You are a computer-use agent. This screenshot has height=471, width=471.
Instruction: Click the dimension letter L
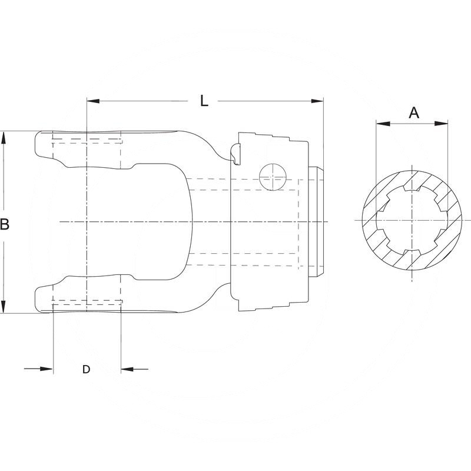pyautogui.click(x=204, y=101)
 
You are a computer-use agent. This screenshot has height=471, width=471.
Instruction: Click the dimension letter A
pyautogui.click(x=414, y=113)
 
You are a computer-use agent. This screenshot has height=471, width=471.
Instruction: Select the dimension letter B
pyautogui.click(x=5, y=224)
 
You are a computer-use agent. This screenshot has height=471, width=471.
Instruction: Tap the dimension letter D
pyautogui.click(x=86, y=369)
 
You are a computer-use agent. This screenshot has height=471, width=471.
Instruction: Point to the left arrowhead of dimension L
pyautogui.click(x=93, y=101)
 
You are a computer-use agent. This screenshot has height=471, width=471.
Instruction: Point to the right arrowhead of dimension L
pyautogui.click(x=317, y=101)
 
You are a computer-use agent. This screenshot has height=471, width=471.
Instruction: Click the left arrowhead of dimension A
pyautogui.click(x=383, y=124)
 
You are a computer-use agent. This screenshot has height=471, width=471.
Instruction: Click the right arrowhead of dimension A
pyautogui.click(x=441, y=124)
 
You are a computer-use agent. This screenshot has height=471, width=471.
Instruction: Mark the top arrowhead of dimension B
pyautogui.click(x=4, y=138)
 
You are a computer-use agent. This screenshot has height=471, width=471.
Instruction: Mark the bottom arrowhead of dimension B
pyautogui.click(x=4, y=307)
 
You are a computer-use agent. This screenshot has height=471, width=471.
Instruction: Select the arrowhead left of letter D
pyautogui.click(x=47, y=369)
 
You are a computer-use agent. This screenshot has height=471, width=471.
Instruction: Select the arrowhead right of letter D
pyautogui.click(x=127, y=369)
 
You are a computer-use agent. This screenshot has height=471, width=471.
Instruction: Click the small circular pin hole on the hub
pyautogui.click(x=273, y=177)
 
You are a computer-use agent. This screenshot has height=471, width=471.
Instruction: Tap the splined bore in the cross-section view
pyautogui.click(x=412, y=220)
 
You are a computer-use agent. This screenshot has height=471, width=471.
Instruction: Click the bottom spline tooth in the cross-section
pyautogui.click(x=412, y=253)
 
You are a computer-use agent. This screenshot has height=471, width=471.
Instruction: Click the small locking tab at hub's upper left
pyautogui.click(x=236, y=154)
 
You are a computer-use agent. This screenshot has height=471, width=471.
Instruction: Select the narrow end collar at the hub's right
pyautogui.click(x=317, y=222)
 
